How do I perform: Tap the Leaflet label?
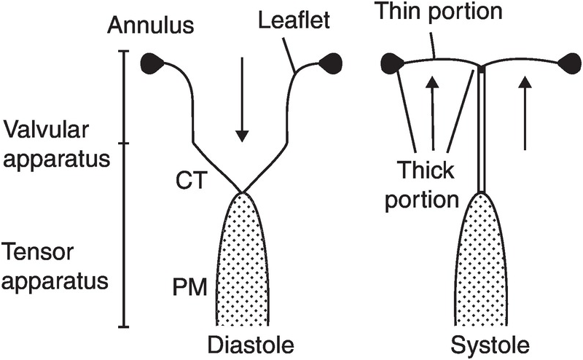click(295, 22)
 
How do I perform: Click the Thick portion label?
click(426, 186)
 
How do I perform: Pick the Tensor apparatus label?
click(55, 265)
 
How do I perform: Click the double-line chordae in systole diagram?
click(482, 131)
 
